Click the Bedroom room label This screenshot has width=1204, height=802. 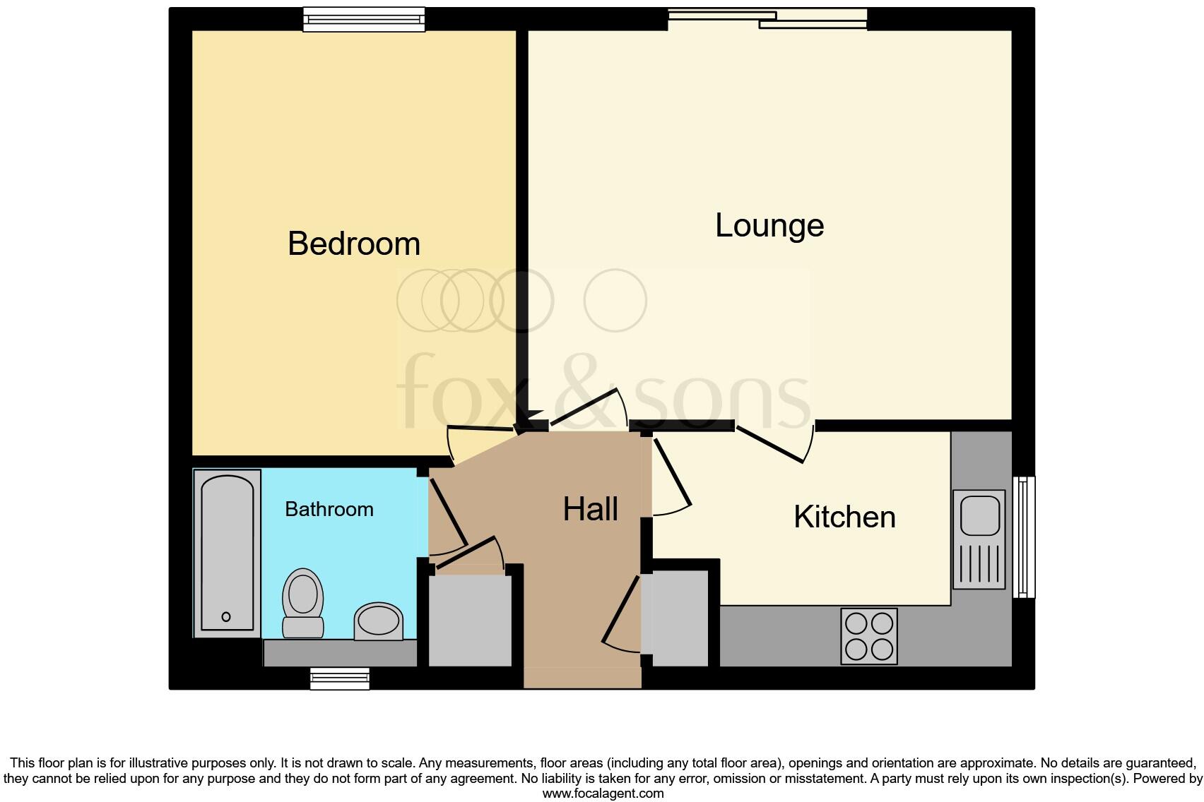pos(354,244)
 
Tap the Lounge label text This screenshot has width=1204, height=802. pos(769,226)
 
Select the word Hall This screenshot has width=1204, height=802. pos(590,509)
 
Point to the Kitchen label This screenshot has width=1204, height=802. pos(844,517)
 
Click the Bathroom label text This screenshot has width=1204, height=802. pos(329,509)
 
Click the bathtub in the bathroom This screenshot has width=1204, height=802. pos(228,553)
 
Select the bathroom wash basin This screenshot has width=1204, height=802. pos(379,622)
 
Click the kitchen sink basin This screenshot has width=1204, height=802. pos(979,515)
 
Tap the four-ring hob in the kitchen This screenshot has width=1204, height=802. pos(869,636)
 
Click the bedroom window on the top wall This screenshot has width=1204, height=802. pos(364,19)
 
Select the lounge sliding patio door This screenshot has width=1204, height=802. pos(768,18)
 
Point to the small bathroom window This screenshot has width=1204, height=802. pos(340,679)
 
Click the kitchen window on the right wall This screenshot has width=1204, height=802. pos(1024,537)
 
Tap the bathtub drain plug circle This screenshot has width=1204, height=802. pos(226,616)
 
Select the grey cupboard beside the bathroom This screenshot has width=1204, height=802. pos(470,621)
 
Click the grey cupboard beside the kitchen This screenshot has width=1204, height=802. pos(678,618)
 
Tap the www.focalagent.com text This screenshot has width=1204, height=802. pos(603,794)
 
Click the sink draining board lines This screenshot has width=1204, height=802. pos(979,565)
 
